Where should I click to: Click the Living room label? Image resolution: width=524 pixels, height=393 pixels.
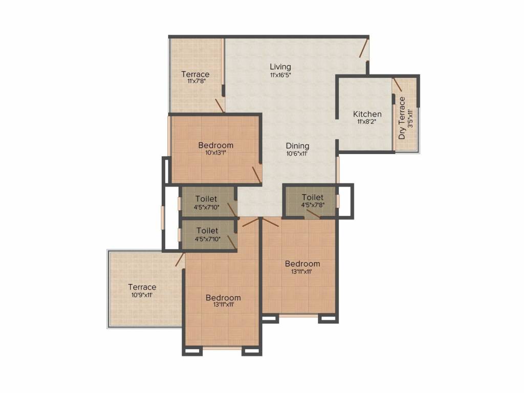coord(280,67)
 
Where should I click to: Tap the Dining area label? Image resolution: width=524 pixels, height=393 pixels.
coord(297,146)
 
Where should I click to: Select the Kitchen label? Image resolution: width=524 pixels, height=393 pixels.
coord(367,114)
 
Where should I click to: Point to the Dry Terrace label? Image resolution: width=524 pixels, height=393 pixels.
coord(402,118)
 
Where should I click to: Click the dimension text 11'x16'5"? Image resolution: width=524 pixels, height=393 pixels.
coord(280,75)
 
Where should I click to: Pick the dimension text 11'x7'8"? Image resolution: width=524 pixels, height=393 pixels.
coord(196,81)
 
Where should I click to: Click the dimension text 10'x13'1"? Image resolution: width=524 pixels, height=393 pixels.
coord(215,152)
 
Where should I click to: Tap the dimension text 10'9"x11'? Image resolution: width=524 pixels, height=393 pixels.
coord(142,295)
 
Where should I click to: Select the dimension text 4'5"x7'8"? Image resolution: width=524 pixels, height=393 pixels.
coord(313,205)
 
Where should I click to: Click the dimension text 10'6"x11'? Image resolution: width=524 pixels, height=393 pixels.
coord(297,154)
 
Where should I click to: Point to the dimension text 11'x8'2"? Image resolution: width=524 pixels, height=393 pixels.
coord(367,122)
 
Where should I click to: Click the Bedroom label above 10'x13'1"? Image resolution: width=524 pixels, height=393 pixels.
coord(215,145)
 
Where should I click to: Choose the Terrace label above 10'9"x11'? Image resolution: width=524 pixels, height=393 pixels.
coord(142,287)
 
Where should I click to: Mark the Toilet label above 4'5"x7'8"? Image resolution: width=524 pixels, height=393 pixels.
coord(313,197)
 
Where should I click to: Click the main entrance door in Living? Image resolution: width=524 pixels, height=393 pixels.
coord(364,48)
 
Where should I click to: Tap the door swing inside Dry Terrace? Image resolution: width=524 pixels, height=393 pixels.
coord(397,84)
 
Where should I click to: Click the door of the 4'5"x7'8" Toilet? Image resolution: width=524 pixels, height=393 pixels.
coord(313,213)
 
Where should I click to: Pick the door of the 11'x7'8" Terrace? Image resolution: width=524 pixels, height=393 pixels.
coord(220,105)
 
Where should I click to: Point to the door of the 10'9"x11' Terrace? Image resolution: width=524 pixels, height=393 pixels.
coord(180,259)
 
